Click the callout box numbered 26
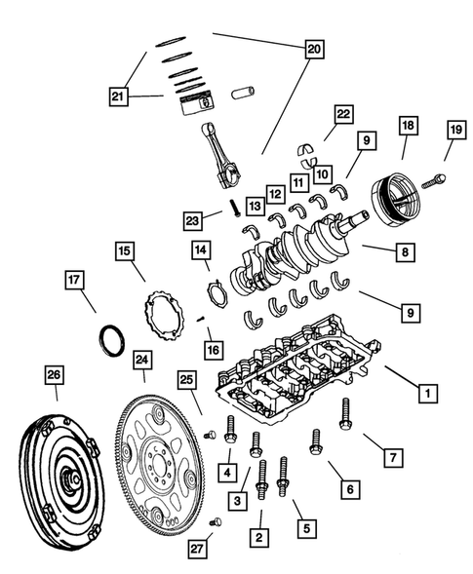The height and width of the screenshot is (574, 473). [x=55, y=375]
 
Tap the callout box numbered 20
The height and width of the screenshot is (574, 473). [x=312, y=48]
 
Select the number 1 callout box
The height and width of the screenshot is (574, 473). [x=425, y=395]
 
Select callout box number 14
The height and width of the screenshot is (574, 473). [x=199, y=250]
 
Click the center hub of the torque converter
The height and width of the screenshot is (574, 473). [x=69, y=479]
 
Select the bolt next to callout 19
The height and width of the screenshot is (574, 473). [x=434, y=179]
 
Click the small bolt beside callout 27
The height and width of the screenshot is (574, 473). [x=217, y=522]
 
